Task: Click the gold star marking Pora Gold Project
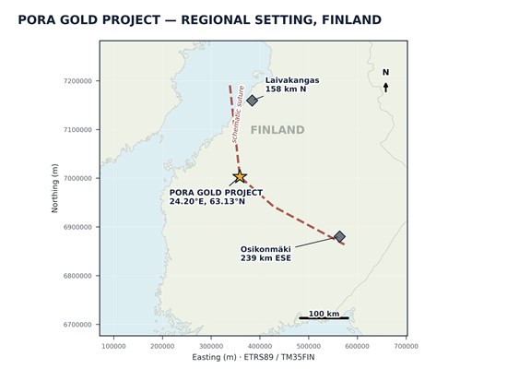click(240, 177)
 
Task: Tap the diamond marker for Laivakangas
click(252, 101)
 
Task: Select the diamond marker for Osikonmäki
click(339, 236)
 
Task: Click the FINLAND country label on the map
click(277, 130)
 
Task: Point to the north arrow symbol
click(385, 88)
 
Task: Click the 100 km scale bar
click(324, 318)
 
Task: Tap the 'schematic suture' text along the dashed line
click(238, 114)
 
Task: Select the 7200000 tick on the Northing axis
click(77, 81)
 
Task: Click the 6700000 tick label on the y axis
click(77, 325)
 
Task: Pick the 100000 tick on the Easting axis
click(113, 346)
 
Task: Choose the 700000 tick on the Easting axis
click(407, 346)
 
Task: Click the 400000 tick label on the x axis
click(260, 346)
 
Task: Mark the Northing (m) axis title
click(54, 188)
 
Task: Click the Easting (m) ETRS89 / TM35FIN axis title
click(253, 357)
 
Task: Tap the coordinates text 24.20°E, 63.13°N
click(207, 201)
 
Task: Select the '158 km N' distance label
click(286, 89)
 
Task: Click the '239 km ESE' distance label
click(265, 258)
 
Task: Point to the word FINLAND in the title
click(351, 19)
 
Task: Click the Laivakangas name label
click(292, 80)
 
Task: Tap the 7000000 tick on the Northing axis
click(77, 178)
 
